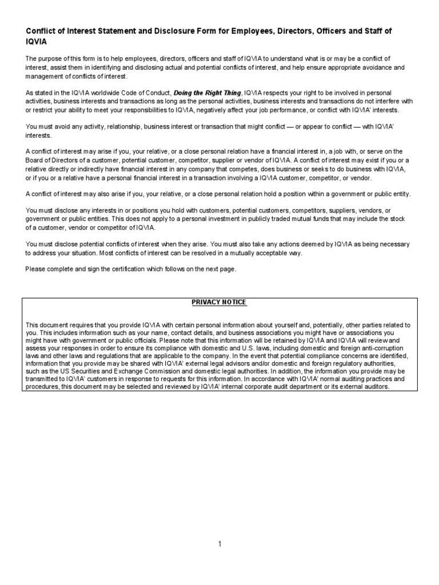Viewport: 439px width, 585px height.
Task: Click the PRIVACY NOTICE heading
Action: pyautogui.click(x=219, y=302)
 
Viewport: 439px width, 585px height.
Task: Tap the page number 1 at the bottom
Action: pyautogui.click(x=219, y=544)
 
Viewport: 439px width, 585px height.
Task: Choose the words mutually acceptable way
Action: pyautogui.click(x=263, y=253)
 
